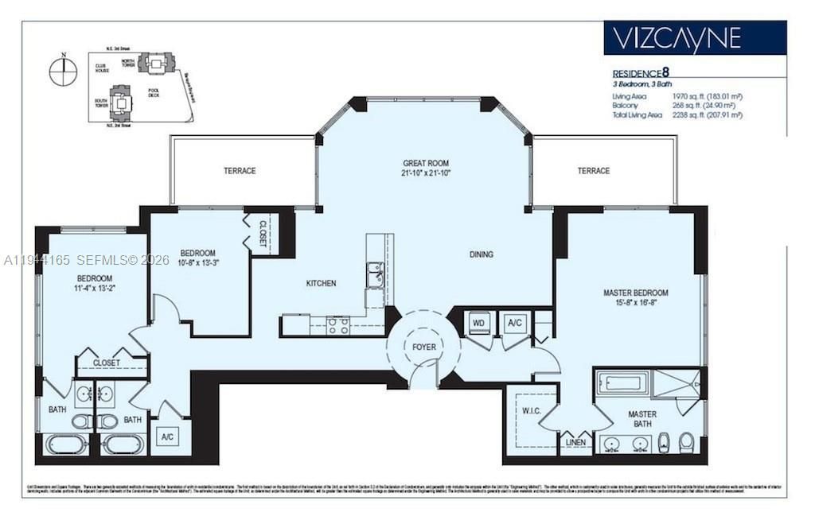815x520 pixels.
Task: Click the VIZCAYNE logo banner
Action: point(694,37)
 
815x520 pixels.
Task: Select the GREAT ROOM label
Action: point(427,163)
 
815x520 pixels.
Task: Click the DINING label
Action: point(481,254)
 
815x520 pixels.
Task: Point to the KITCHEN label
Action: point(321,283)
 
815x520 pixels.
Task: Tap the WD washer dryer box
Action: point(478,323)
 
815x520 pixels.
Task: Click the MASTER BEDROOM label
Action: point(635,293)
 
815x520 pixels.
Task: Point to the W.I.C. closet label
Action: point(531,411)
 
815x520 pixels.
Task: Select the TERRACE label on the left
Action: point(239,171)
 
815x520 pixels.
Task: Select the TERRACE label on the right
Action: point(593,171)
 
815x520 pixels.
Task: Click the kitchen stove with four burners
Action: point(337,324)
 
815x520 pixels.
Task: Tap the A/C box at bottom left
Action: point(167,437)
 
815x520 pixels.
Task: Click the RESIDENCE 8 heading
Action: point(646,72)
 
